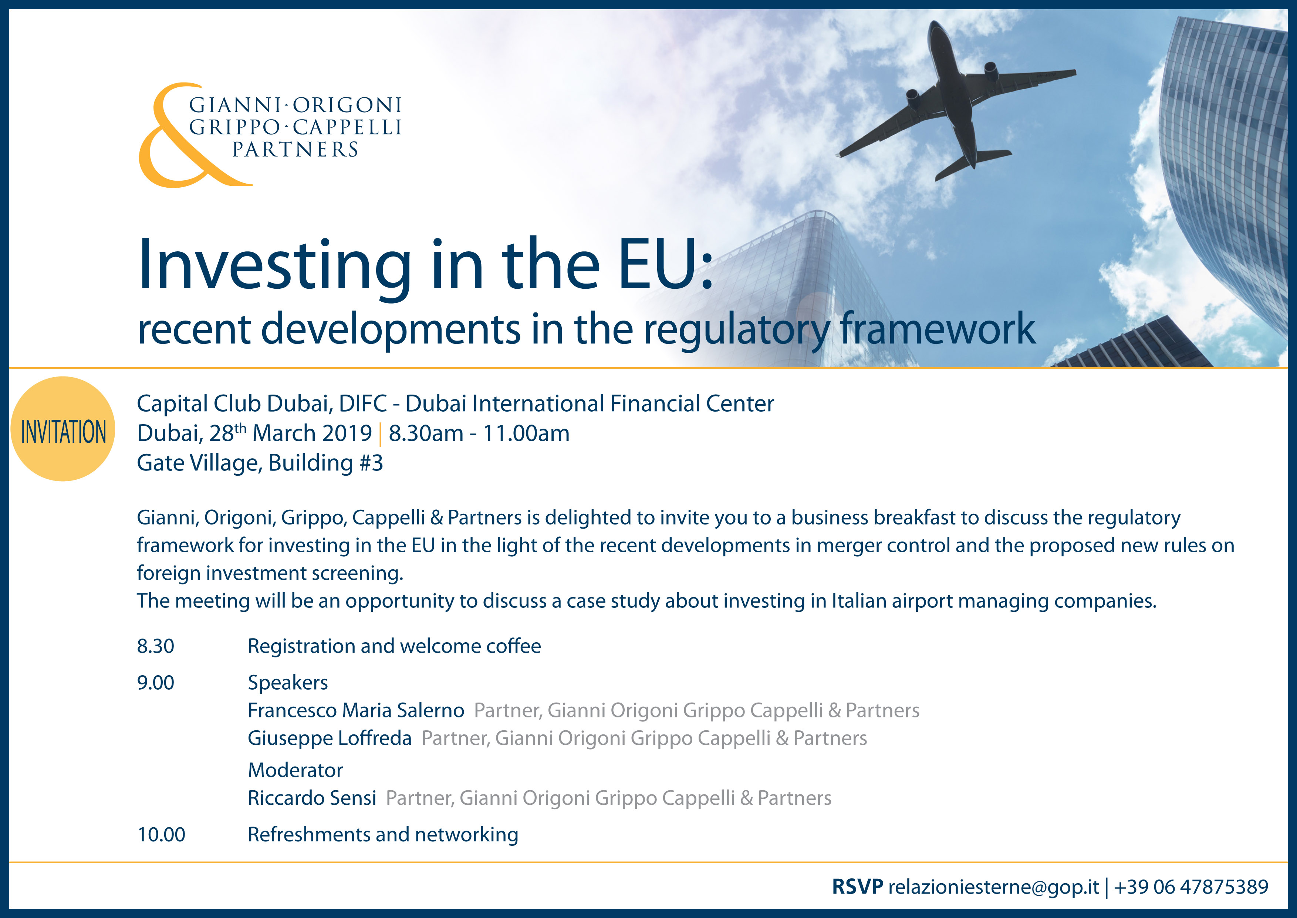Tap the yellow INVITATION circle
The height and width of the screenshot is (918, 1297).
point(63,429)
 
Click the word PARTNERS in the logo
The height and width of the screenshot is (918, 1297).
point(295,150)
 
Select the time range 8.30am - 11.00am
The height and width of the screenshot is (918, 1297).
point(479,433)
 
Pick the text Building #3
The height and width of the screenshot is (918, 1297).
point(326,463)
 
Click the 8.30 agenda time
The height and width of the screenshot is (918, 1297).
point(156,646)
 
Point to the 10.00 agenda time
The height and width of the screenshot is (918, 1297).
point(162,834)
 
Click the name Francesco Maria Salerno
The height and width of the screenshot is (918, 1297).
point(356,710)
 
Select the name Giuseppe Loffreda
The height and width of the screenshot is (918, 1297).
point(330,738)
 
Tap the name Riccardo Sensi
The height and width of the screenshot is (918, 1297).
point(312,798)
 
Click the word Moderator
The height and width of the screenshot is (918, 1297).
point(295,770)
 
